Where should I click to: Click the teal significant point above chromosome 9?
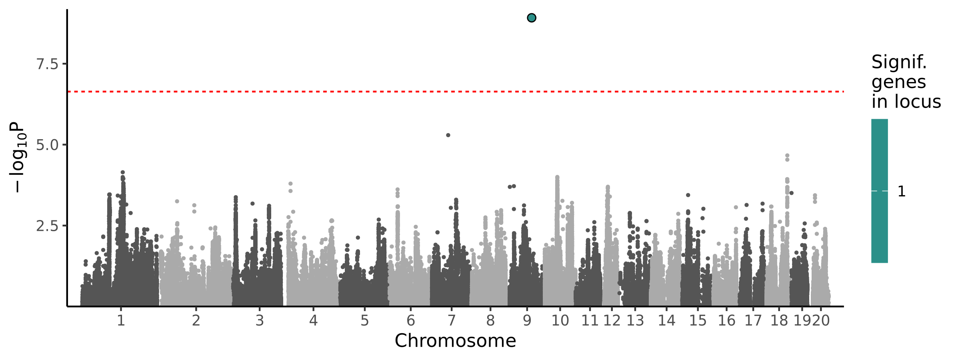pyautogui.click(x=531, y=18)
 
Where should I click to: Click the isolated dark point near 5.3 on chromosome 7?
pyautogui.click(x=448, y=135)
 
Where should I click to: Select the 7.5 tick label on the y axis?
pyautogui.click(x=47, y=64)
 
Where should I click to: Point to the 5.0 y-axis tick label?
pyautogui.click(x=47, y=145)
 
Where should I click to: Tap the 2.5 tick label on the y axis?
pyautogui.click(x=47, y=226)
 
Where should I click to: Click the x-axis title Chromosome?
pyautogui.click(x=455, y=341)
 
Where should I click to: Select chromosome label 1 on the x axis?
pyautogui.click(x=121, y=320)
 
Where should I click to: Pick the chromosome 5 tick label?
pyautogui.click(x=364, y=320)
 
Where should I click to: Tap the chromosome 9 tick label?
pyautogui.click(x=527, y=320)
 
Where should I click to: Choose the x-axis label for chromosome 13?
pyautogui.click(x=635, y=320)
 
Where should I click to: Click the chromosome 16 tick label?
pyautogui.click(x=726, y=320)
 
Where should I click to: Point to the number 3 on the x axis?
pyautogui.click(x=260, y=320)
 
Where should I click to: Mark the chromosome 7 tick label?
pyautogui.click(x=451, y=320)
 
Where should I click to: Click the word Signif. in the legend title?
pyautogui.click(x=899, y=62)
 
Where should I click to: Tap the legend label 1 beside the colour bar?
pyautogui.click(x=902, y=192)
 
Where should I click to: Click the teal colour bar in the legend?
pyautogui.click(x=879, y=191)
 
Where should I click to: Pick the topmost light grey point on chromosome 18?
pyautogui.click(x=787, y=156)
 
